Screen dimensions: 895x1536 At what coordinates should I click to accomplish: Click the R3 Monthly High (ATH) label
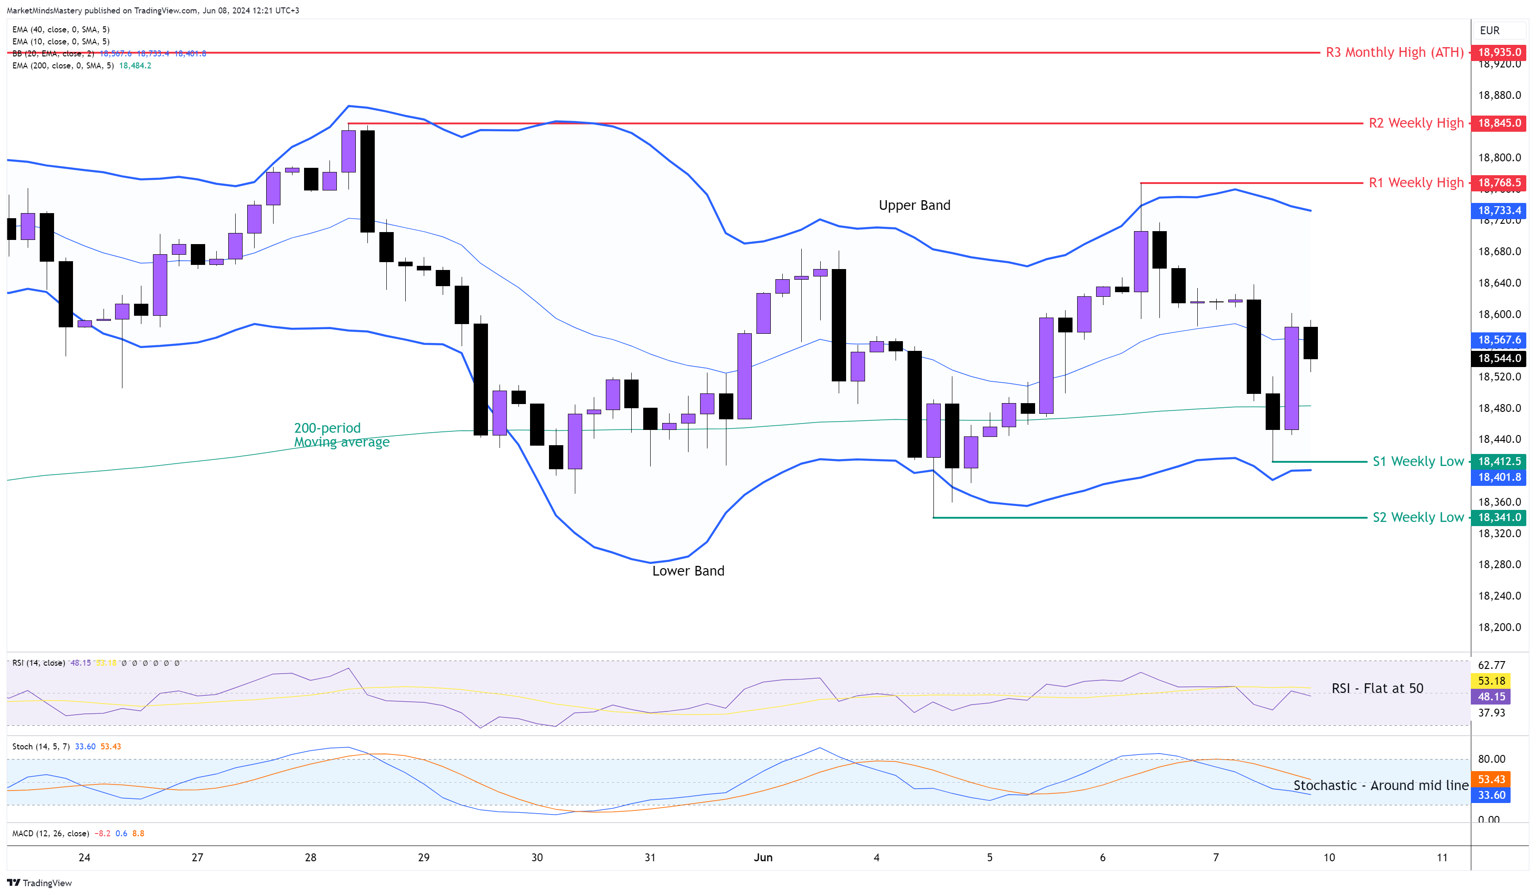(x=1394, y=52)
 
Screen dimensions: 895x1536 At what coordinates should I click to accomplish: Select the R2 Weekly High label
(x=1415, y=123)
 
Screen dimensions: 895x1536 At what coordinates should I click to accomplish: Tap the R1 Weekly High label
(x=1415, y=183)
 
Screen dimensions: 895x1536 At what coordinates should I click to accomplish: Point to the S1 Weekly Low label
(x=1417, y=461)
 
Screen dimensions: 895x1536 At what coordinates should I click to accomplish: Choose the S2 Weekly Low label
(x=1417, y=518)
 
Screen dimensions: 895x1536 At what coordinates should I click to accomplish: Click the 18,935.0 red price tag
(x=1499, y=52)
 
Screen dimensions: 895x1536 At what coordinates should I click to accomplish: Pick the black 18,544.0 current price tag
(x=1499, y=358)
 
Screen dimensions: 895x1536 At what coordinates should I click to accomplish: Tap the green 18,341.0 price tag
(x=1499, y=518)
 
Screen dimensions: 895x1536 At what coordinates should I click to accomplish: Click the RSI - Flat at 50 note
(x=1377, y=689)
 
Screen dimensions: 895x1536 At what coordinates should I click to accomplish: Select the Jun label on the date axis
(x=762, y=858)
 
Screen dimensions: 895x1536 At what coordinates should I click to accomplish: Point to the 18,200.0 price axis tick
(x=1499, y=627)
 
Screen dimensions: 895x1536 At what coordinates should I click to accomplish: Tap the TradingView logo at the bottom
(x=40, y=883)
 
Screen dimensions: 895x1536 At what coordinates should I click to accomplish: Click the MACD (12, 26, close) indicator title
(x=51, y=834)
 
